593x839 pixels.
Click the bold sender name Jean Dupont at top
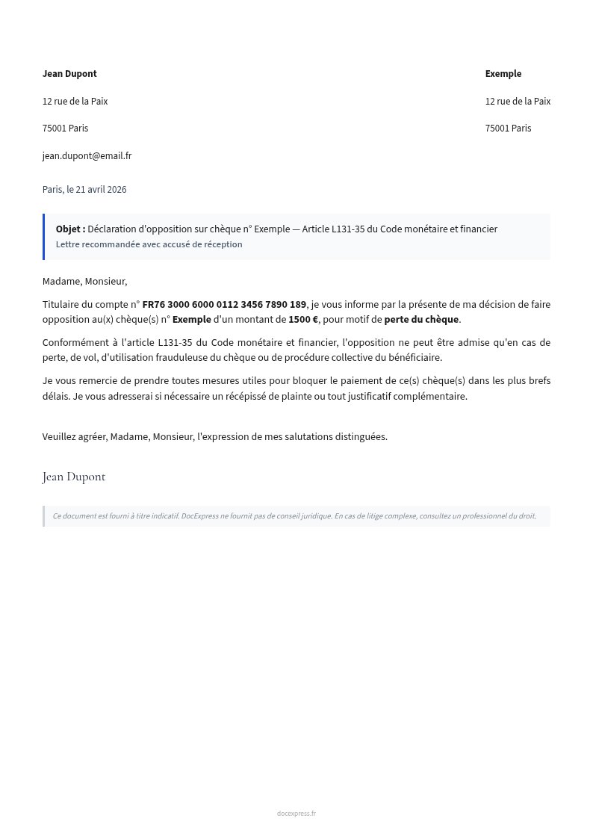tap(69, 74)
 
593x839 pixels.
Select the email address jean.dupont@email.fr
tap(87, 156)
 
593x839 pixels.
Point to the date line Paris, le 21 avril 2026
tap(84, 190)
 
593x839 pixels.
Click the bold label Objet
tap(70, 229)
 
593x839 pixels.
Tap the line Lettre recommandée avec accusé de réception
tap(149, 244)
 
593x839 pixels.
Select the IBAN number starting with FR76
tap(224, 304)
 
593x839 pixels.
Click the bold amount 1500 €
tap(303, 320)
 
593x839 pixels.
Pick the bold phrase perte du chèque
tap(421, 320)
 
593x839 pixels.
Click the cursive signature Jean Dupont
tap(74, 477)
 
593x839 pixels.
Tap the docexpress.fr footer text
tap(296, 814)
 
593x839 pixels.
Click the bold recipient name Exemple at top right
tap(503, 74)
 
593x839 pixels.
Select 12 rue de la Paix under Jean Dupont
tap(75, 102)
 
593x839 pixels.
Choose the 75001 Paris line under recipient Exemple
tap(508, 129)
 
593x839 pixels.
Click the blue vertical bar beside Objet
tap(44, 237)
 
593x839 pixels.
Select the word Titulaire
tap(63, 304)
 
